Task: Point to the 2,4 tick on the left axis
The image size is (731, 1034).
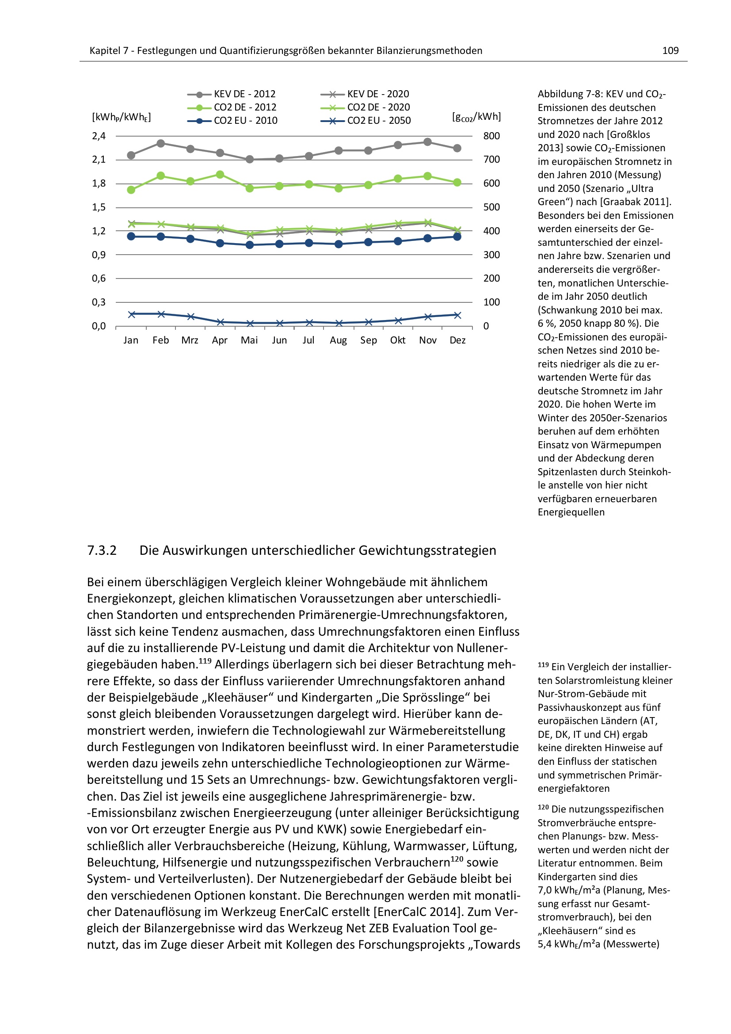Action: [x=99, y=136]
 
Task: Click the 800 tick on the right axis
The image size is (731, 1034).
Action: [x=491, y=136]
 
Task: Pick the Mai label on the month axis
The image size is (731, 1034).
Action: [x=249, y=340]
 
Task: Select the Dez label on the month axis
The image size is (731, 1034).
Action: [x=457, y=340]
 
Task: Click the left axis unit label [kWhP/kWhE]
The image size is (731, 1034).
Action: [x=122, y=117]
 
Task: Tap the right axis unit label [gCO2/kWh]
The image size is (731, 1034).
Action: [x=476, y=117]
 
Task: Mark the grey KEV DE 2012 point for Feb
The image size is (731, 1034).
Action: [x=161, y=144]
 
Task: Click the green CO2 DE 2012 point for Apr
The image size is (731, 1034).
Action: [x=220, y=175]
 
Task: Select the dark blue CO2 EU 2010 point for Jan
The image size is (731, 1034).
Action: [x=131, y=237]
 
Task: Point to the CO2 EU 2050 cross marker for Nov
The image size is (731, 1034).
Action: [x=428, y=317]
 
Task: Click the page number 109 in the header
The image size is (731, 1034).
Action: [x=670, y=51]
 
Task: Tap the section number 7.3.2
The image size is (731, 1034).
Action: [x=102, y=550]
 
